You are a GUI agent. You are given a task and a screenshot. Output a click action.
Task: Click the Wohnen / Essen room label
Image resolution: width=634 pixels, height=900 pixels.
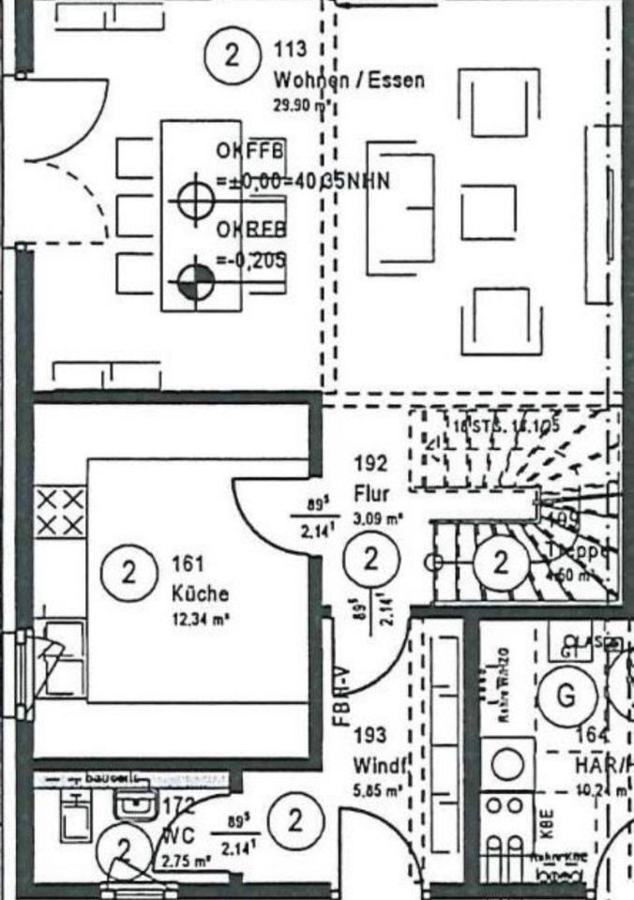[x=348, y=79]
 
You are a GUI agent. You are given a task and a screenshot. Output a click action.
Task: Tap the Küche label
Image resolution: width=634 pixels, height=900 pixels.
[x=200, y=593]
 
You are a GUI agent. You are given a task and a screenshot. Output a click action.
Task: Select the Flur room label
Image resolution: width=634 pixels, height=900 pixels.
[x=371, y=493]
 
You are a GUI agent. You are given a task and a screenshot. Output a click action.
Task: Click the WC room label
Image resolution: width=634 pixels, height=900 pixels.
[x=177, y=833]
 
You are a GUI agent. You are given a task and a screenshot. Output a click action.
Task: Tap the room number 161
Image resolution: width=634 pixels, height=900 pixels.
[x=188, y=565]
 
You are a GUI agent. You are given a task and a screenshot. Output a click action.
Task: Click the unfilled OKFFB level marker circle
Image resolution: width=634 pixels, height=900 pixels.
[x=193, y=199]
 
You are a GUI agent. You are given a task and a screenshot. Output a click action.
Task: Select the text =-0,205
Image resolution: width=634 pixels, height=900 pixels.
[x=250, y=260]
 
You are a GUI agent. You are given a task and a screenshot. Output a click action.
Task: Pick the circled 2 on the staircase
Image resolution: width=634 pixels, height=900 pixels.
[x=500, y=562]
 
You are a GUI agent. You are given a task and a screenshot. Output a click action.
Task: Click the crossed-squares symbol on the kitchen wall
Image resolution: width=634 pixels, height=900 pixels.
[x=60, y=512]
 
